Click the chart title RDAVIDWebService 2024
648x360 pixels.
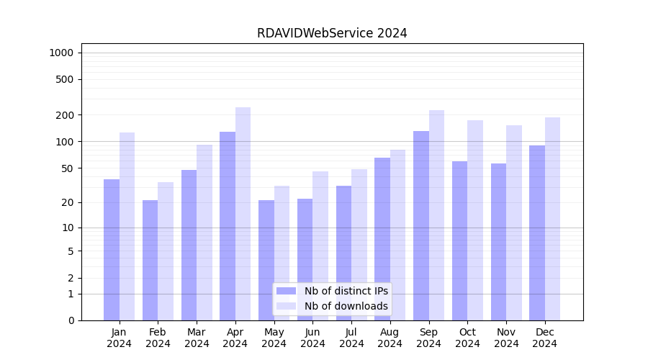point(332,33)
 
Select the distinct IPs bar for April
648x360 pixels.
point(228,225)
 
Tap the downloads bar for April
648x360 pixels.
point(243,213)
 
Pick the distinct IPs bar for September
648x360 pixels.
point(421,225)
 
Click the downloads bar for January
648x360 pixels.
point(127,226)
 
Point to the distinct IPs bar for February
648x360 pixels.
point(150,260)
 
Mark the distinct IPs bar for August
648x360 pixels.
point(382,238)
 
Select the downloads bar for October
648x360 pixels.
point(475,220)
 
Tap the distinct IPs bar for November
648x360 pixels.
point(498,241)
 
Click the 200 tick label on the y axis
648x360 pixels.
point(66,115)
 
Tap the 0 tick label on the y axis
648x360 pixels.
point(71,320)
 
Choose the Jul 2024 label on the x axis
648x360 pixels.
point(351,338)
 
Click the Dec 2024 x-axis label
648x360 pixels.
point(544,338)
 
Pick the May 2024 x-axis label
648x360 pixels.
point(274,338)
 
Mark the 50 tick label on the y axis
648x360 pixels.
point(68,168)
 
